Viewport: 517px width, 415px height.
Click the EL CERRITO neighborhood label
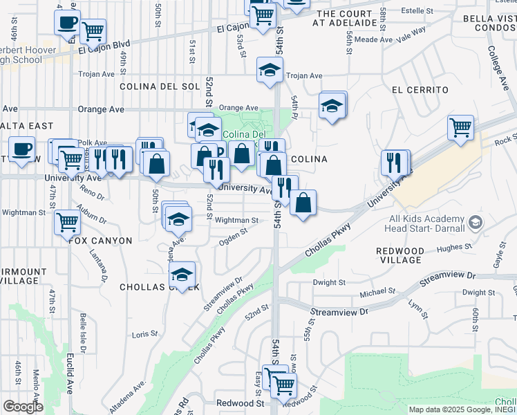[x=420, y=90]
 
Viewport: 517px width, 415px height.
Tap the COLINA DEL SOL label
[x=159, y=86]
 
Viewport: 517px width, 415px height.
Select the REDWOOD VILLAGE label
[x=399, y=255]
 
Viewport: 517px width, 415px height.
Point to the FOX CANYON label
[x=100, y=240]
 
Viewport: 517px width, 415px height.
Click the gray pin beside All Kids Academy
[x=475, y=223]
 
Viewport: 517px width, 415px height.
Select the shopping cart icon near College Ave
[x=460, y=128]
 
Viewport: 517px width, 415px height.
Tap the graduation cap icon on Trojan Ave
[x=270, y=69]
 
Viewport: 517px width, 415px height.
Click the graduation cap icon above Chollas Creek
[x=182, y=275]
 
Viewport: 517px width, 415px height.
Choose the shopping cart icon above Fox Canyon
[x=68, y=222]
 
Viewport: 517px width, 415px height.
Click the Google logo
[x=23, y=406]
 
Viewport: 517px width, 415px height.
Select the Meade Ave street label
[x=374, y=40]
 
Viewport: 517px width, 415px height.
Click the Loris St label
[x=144, y=333]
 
